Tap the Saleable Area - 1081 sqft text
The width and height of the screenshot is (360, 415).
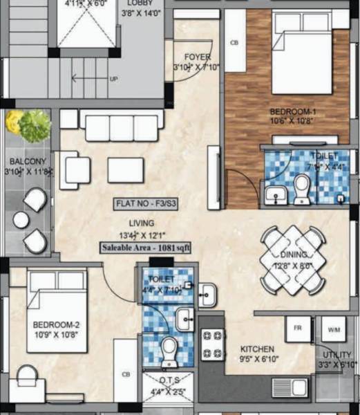point(147,248)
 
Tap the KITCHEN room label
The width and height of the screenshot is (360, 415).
point(258,349)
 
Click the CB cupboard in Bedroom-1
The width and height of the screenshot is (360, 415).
point(234,43)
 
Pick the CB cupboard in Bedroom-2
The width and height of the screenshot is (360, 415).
point(125,374)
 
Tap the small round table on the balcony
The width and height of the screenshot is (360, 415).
point(21,220)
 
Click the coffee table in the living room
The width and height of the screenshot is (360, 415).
point(125,170)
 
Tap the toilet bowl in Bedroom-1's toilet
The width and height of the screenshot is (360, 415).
point(302,188)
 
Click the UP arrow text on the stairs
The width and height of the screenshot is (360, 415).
point(114,79)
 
